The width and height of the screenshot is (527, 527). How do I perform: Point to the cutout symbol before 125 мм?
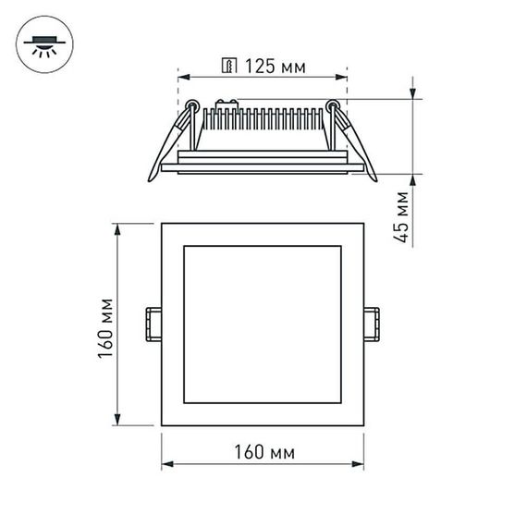tap(227, 66)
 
